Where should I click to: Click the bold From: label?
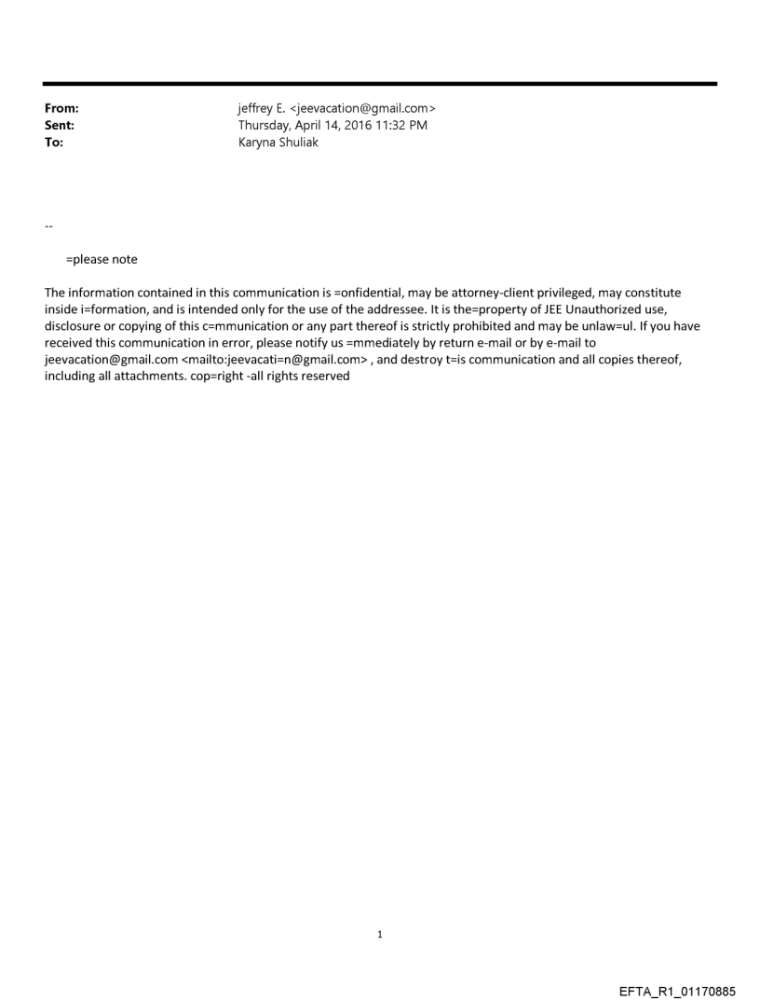click(x=61, y=109)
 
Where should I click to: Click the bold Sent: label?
click(x=60, y=126)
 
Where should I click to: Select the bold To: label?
click(x=54, y=143)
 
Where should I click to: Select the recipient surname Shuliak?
click(x=296, y=143)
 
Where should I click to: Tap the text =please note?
click(x=102, y=259)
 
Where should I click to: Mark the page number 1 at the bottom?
click(x=380, y=934)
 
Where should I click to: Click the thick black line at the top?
click(x=380, y=84)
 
